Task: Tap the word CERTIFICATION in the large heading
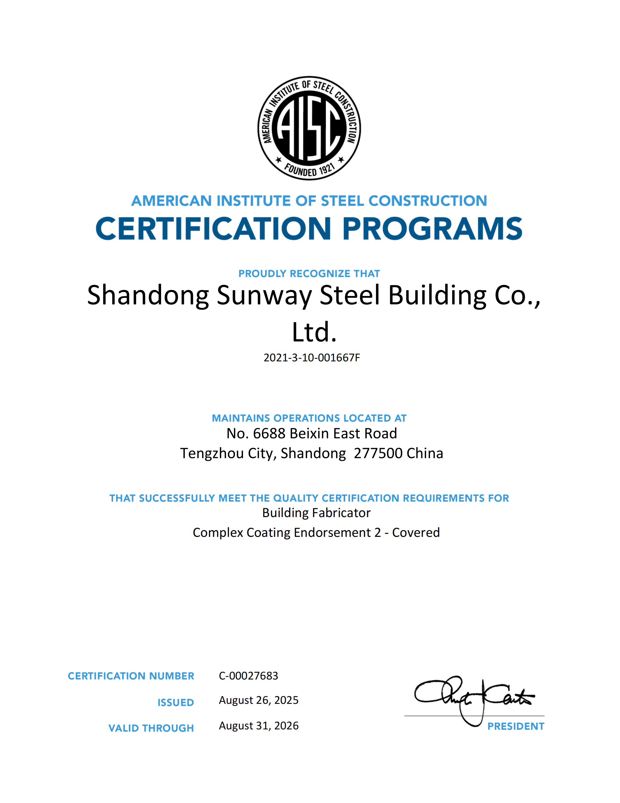(x=213, y=229)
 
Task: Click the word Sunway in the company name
(x=264, y=295)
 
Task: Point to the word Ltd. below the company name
(x=314, y=332)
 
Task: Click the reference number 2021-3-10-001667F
(x=312, y=358)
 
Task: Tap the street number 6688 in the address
(x=269, y=434)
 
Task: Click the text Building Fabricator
(x=316, y=513)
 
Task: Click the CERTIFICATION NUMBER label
(x=131, y=676)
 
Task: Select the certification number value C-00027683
(x=248, y=676)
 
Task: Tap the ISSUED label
(x=176, y=703)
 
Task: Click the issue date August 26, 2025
(x=259, y=700)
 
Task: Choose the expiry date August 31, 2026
(x=259, y=726)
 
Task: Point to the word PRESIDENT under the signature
(x=515, y=727)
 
